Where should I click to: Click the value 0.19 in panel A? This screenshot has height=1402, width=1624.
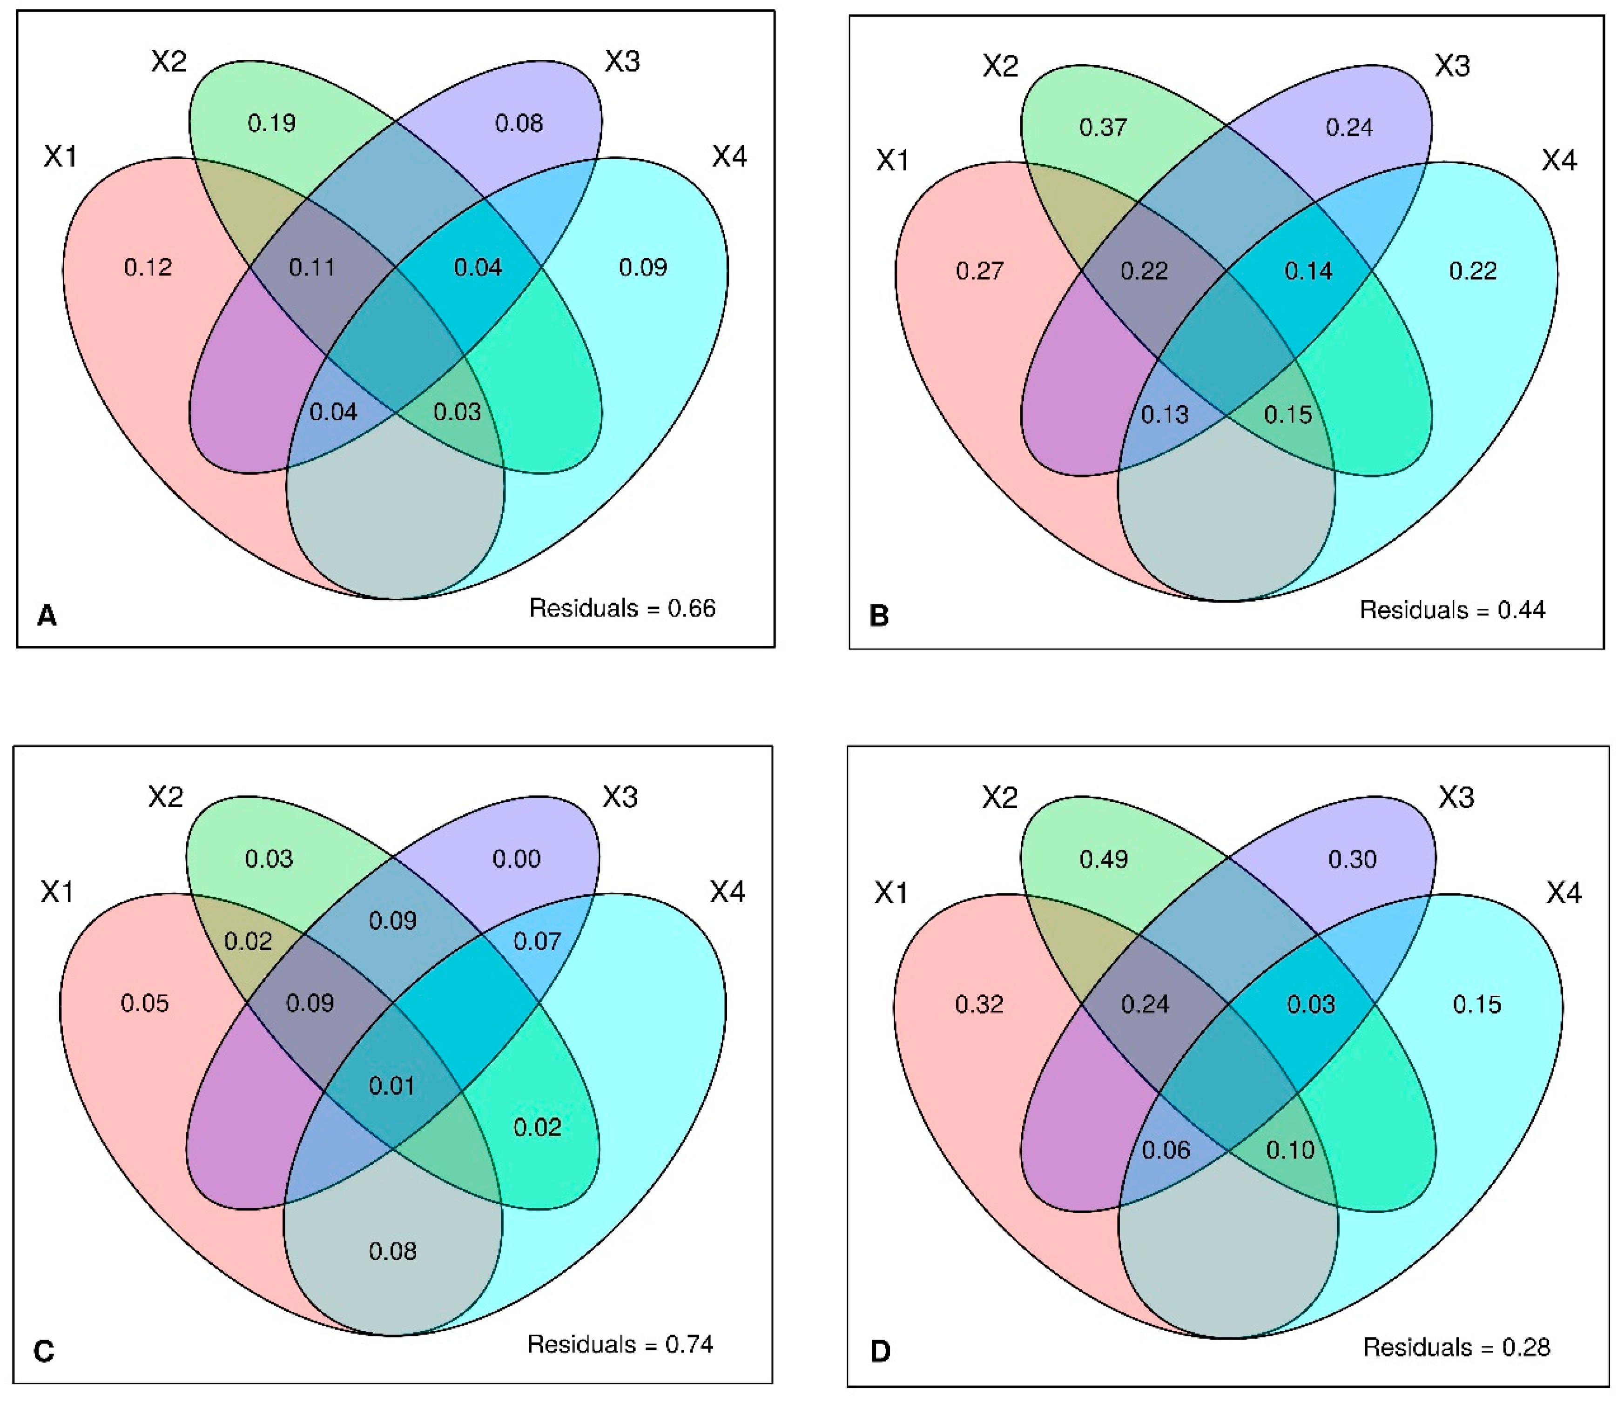(x=272, y=123)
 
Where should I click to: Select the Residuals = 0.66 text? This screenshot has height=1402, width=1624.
(x=622, y=608)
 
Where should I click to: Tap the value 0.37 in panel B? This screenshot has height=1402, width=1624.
(x=1103, y=127)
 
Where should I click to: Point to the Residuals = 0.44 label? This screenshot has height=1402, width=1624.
(x=1452, y=610)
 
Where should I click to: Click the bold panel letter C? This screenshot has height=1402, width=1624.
(x=44, y=1351)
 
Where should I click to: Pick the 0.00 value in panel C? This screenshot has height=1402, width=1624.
(x=517, y=859)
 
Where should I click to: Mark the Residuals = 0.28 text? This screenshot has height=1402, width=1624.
(x=1456, y=1347)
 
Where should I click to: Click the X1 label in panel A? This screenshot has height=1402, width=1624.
(x=61, y=157)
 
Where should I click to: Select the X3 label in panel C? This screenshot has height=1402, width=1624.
(x=620, y=797)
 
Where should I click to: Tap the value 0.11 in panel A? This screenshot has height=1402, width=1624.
(x=312, y=268)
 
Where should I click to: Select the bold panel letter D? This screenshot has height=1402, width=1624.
(x=881, y=1352)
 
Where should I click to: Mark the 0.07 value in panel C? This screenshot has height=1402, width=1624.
(x=537, y=941)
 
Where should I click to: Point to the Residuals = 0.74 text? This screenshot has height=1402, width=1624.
(x=620, y=1345)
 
